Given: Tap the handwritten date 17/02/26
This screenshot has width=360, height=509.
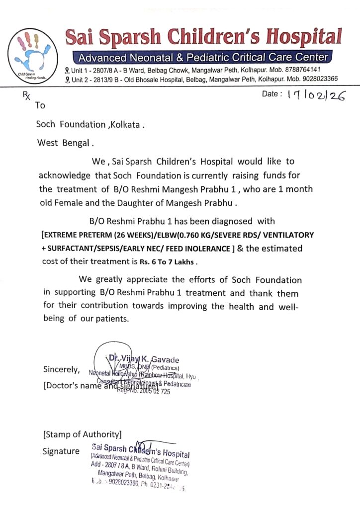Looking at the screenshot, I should (x=316, y=96).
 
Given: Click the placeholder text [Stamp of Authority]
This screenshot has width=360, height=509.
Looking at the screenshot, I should (x=82, y=434).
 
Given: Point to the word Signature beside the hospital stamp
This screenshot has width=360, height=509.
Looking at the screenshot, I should (x=61, y=451).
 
